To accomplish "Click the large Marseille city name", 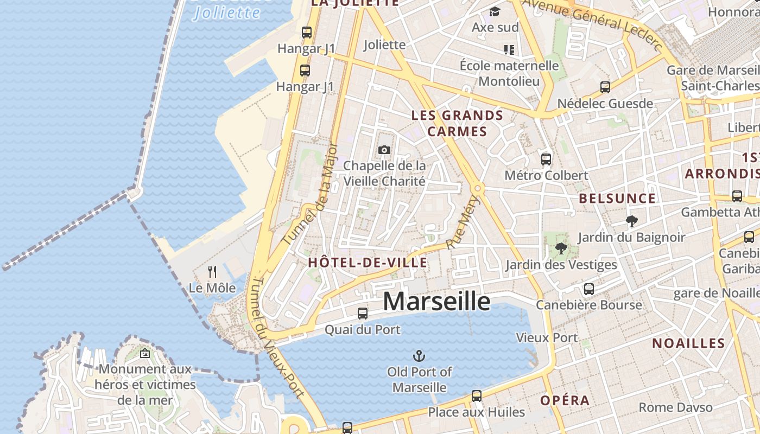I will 436,302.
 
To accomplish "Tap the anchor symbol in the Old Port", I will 419,356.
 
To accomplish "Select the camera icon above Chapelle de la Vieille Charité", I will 384,150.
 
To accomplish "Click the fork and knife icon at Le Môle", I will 212,271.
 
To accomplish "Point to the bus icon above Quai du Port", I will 362,313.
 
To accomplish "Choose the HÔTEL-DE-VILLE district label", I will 368,263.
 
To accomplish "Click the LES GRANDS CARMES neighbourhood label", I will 457,123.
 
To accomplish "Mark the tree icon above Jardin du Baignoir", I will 631,221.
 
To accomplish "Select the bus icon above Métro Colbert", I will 546,159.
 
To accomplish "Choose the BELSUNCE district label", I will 617,199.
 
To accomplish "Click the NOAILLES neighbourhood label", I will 688,343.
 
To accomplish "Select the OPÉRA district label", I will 565,401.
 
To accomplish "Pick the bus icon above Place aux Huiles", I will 476,396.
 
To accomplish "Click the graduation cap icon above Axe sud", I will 495,11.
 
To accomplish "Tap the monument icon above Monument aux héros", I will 145,354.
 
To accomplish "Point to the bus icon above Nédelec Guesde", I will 605,87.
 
